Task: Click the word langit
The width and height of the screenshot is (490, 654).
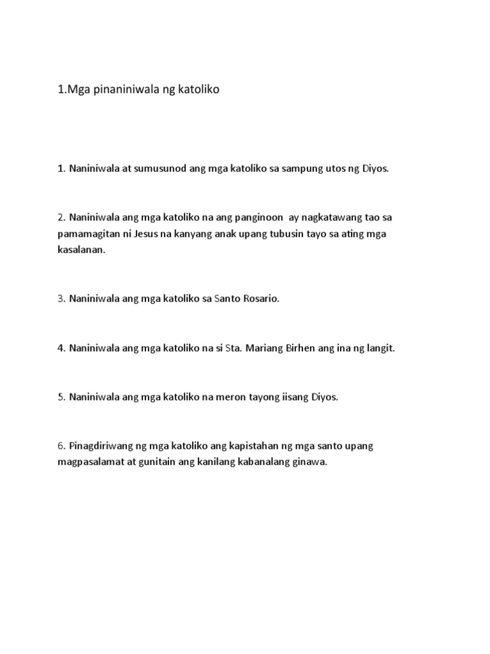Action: point(380,349)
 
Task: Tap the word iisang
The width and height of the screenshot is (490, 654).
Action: point(294,397)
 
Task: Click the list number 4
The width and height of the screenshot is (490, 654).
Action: point(61,349)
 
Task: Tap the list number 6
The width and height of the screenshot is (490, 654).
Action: point(61,446)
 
